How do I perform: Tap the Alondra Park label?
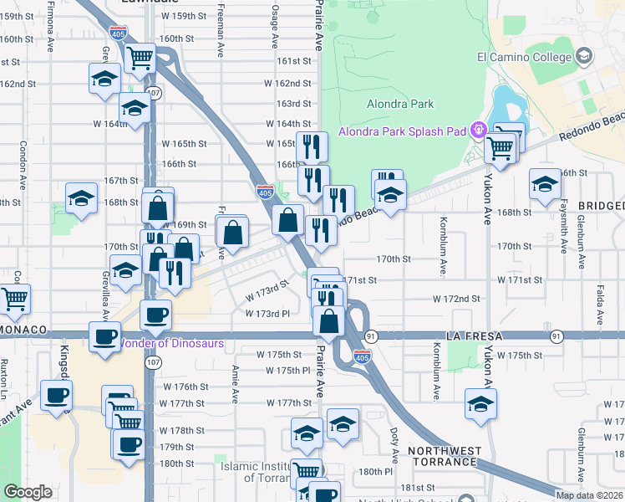point(400,104)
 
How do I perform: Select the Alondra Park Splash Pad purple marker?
point(478,130)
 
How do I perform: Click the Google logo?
point(28,492)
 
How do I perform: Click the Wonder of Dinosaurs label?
point(173,342)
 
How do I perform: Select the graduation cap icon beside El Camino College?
point(583,57)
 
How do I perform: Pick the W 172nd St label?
point(456,299)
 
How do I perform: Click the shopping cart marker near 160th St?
point(140,58)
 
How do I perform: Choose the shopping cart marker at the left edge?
point(14,300)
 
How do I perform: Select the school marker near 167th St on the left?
point(81,198)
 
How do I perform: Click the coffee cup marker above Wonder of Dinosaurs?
point(155,314)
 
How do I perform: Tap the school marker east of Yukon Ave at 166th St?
point(545,184)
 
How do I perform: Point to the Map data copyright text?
point(588,495)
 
